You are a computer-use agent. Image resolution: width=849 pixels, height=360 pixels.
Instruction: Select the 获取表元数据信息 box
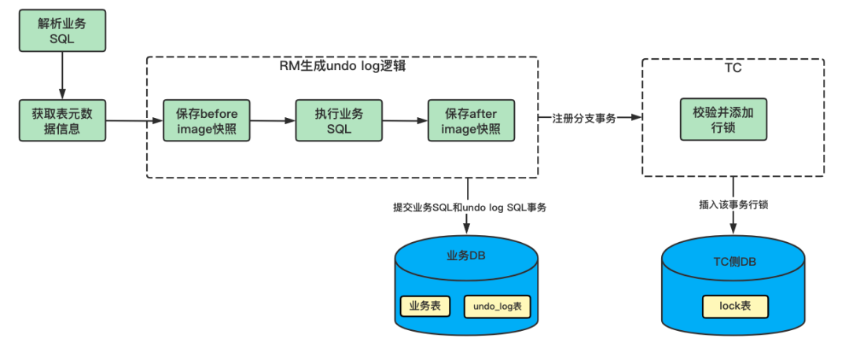pyautogui.click(x=62, y=120)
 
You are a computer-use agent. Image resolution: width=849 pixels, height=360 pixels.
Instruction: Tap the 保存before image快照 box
pyautogui.click(x=206, y=120)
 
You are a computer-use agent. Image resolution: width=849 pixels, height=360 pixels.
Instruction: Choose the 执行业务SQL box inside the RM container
pyautogui.click(x=339, y=120)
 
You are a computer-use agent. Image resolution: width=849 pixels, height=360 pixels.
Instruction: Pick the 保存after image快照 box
pyautogui.click(x=471, y=120)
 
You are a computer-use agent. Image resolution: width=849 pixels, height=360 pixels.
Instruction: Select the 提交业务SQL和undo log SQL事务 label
pyautogui.click(x=469, y=208)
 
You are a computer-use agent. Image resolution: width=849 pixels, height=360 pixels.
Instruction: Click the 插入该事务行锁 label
pyautogui.click(x=733, y=204)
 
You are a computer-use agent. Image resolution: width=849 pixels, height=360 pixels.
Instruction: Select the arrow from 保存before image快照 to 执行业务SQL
pyautogui.click(x=272, y=120)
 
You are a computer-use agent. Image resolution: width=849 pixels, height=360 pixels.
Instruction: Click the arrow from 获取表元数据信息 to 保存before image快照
pyautogui.click(x=134, y=120)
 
